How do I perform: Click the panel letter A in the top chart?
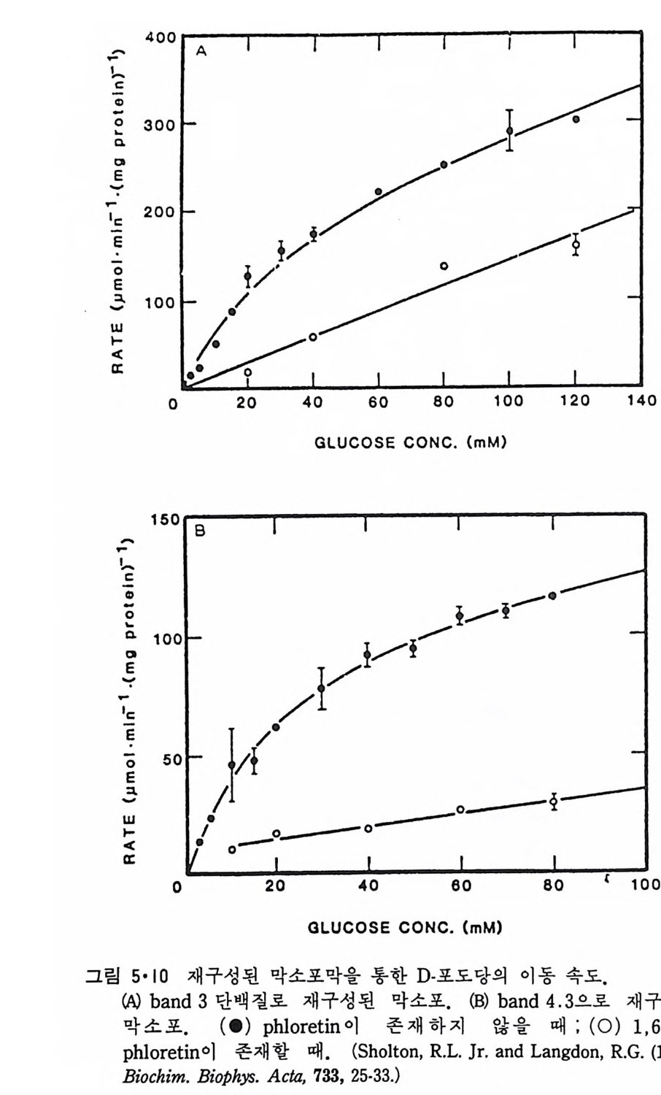[201, 51]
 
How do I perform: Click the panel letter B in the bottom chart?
[200, 532]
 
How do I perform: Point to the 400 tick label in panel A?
[160, 37]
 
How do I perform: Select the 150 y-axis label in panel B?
[165, 520]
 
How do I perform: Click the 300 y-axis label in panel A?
[160, 124]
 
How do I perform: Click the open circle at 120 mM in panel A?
[576, 245]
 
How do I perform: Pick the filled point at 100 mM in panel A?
[509, 131]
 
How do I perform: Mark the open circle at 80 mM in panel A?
[444, 266]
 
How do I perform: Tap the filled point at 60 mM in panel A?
[378, 191]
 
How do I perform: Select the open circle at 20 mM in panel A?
[247, 372]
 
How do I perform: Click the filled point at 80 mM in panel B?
[552, 596]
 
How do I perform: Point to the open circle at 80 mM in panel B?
[554, 802]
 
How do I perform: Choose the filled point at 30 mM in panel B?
[321, 688]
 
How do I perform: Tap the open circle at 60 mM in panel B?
[460, 810]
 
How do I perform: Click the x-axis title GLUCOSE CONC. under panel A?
[410, 442]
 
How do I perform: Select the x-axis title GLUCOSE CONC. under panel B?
[405, 928]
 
